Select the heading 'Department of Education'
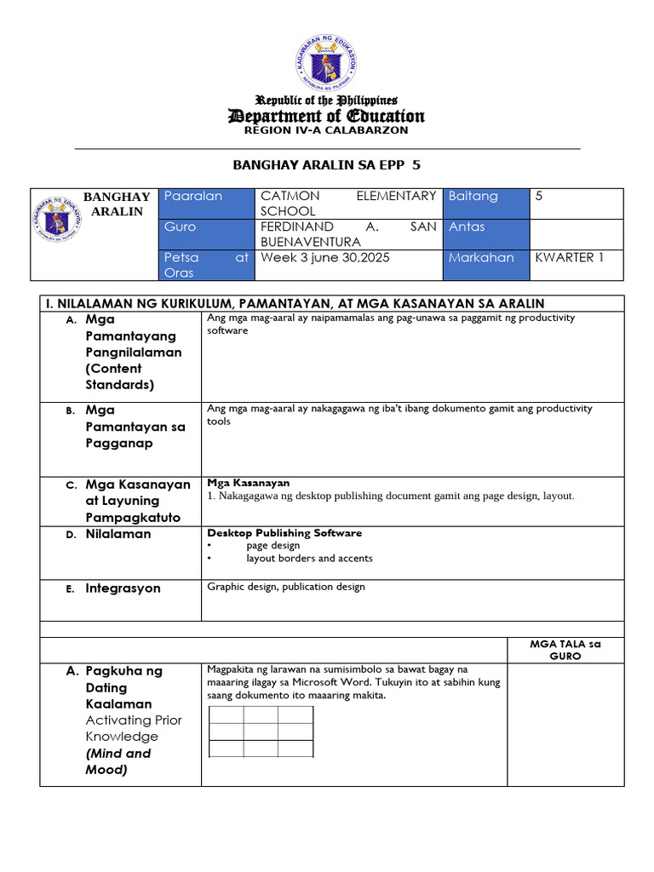[x=326, y=116]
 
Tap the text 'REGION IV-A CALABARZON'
[x=326, y=130]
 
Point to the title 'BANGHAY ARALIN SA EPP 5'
[x=327, y=165]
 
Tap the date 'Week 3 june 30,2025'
[x=325, y=257]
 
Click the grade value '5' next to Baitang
[x=539, y=197]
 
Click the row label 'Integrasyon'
[x=123, y=588]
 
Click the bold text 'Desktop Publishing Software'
[x=284, y=533]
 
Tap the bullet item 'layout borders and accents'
[x=309, y=559]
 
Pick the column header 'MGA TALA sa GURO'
[x=565, y=651]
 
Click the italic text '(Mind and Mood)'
[x=118, y=761]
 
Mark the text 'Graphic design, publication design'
[x=286, y=587]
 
